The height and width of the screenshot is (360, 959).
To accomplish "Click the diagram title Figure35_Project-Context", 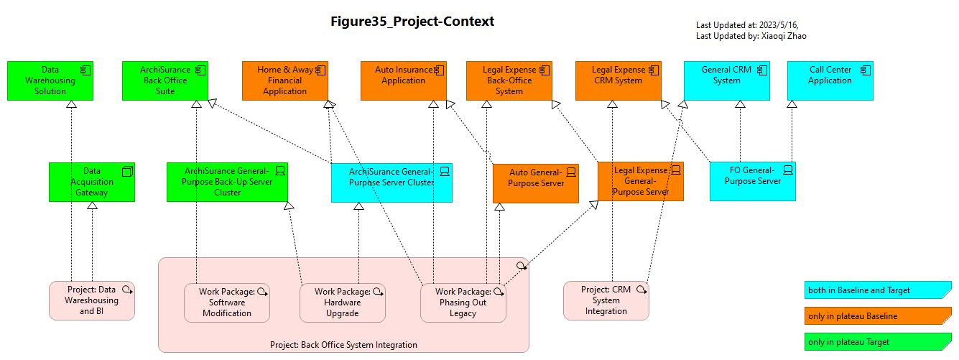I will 412,22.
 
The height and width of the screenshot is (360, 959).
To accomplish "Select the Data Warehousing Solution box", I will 50,80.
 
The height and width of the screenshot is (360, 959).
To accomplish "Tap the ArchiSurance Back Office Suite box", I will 165,80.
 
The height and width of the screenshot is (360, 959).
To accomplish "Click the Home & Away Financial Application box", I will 285,80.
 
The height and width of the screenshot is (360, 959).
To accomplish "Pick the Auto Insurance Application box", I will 403,80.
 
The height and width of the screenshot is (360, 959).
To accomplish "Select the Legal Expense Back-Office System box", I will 509,80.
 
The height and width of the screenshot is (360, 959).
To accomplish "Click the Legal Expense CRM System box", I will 618,80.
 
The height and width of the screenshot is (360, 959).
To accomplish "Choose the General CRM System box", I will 726,80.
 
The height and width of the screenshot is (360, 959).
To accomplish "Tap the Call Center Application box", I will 830,80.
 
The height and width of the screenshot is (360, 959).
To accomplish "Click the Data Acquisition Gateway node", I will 91,182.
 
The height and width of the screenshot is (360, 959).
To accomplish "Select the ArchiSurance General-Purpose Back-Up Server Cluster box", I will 227,182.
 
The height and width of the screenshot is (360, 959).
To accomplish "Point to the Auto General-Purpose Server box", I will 535,183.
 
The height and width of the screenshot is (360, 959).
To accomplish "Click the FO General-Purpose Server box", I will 752,181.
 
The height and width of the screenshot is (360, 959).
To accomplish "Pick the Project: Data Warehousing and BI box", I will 91,300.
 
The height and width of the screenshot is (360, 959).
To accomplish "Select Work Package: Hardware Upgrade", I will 342,303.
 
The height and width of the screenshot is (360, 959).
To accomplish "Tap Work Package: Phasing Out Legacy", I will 463,303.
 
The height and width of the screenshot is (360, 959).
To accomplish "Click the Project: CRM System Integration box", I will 606,300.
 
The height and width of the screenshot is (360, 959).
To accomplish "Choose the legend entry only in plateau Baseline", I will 877,316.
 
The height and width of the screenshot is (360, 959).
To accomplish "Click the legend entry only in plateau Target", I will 877,342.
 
